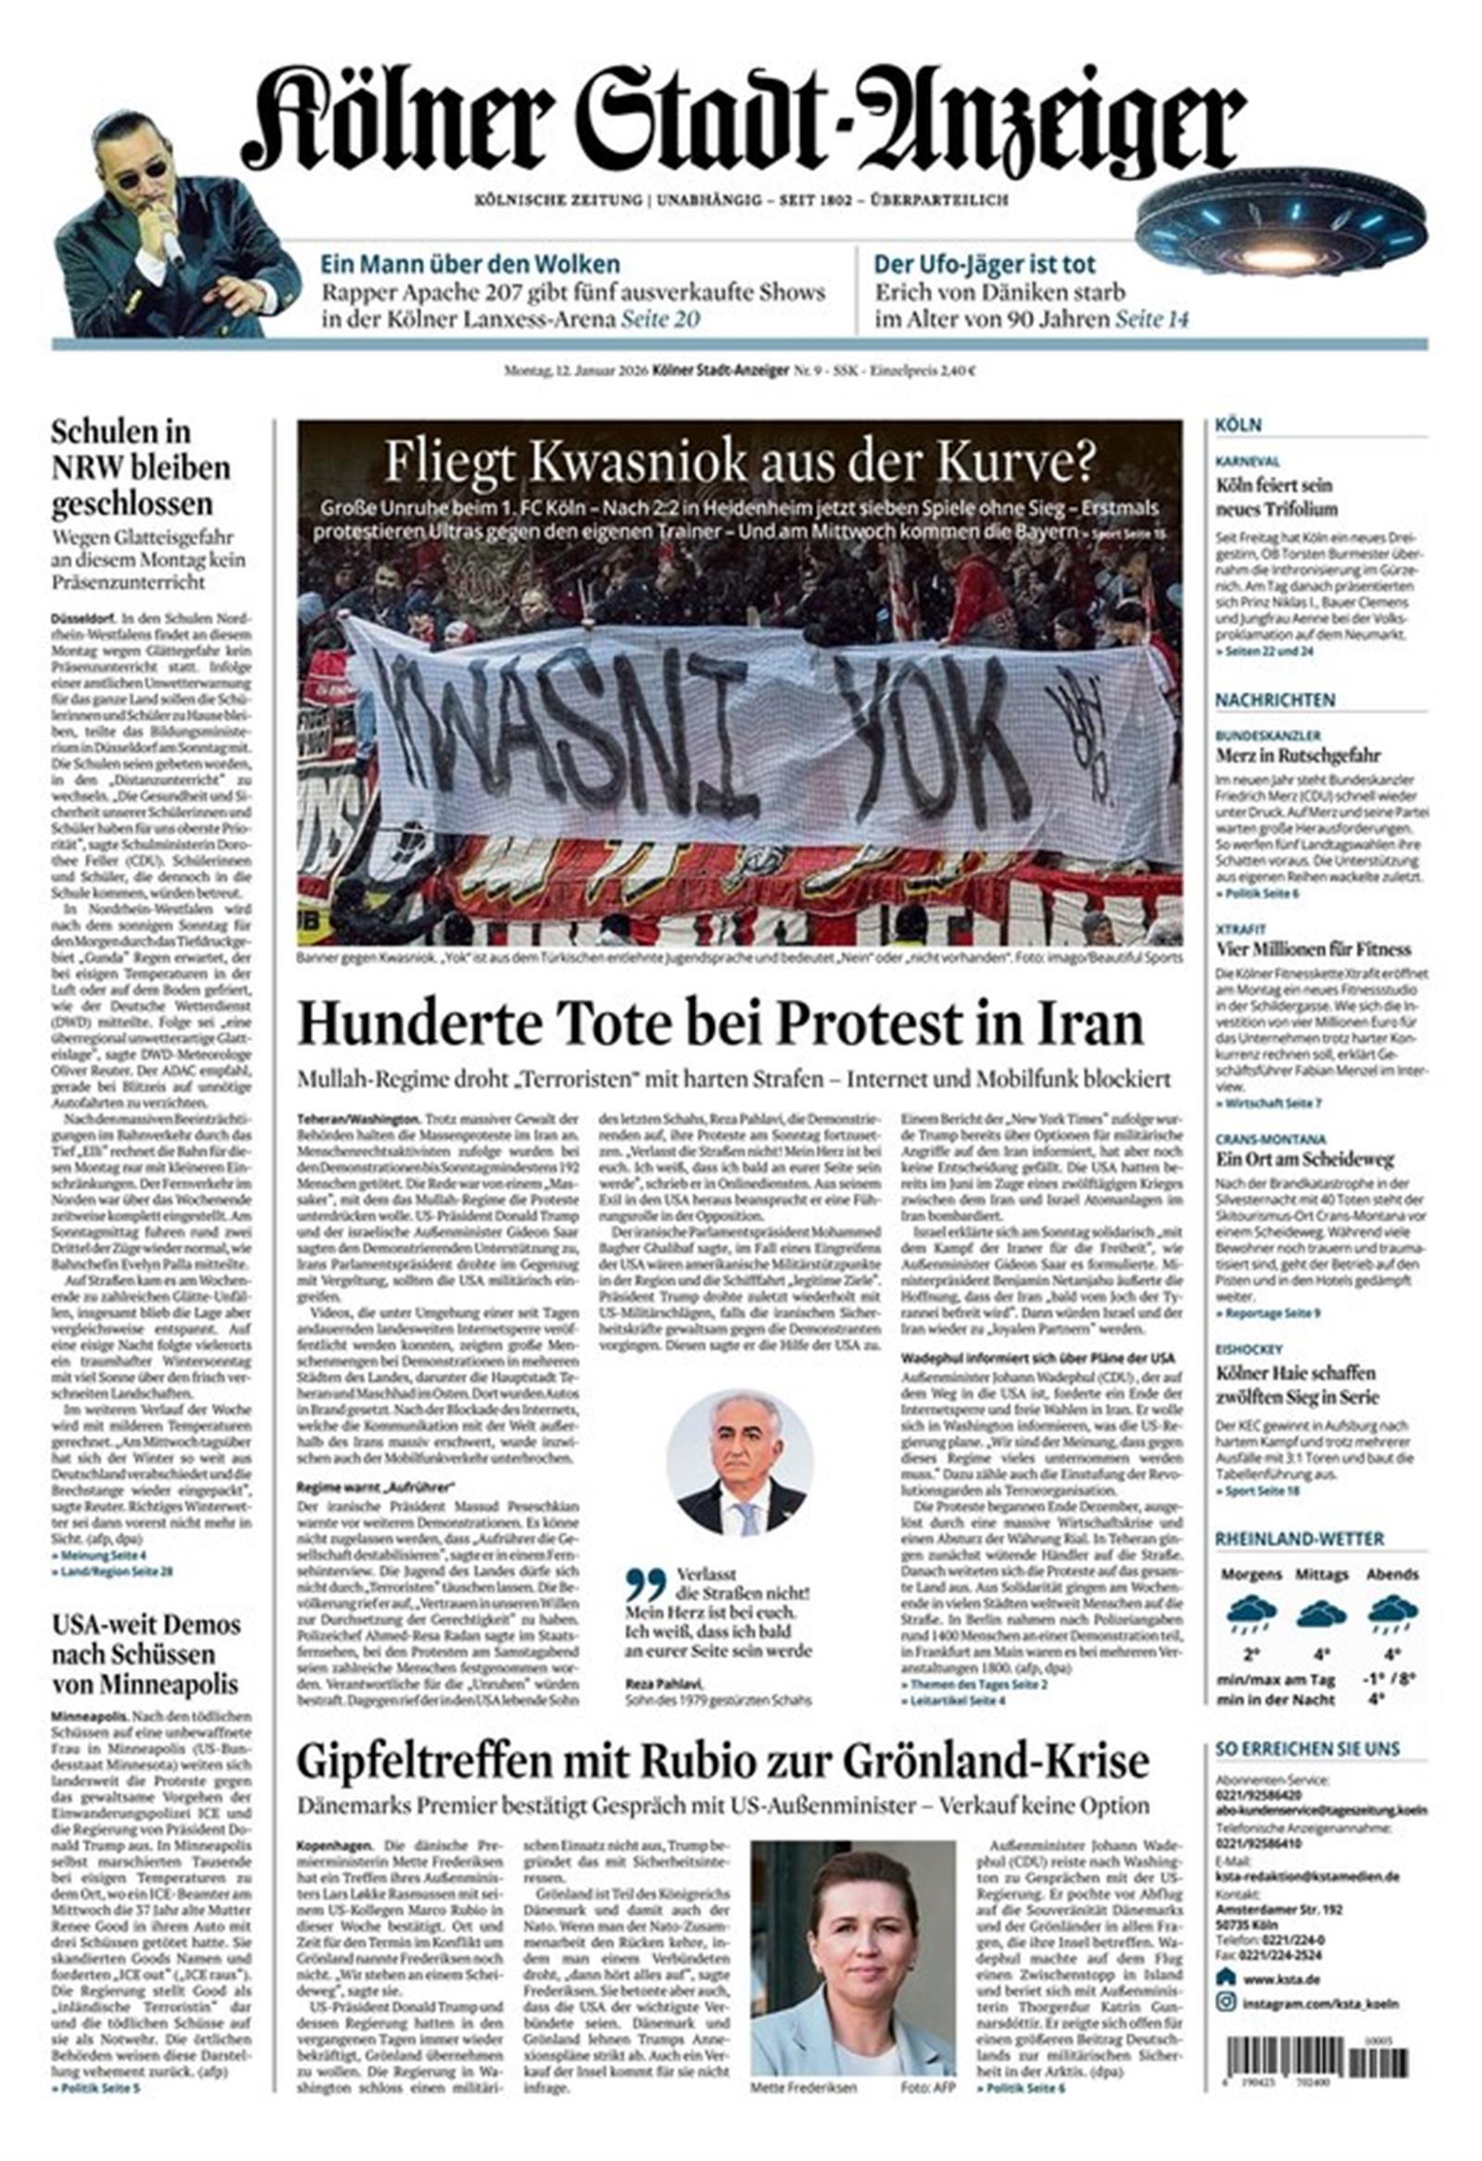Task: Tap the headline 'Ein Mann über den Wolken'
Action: coord(470,263)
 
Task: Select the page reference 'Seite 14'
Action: coord(1152,319)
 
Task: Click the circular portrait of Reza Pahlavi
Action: coord(740,1463)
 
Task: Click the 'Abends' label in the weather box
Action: coord(1392,1575)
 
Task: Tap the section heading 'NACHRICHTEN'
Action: coord(1275,699)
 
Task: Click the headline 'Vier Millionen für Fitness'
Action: coord(1312,949)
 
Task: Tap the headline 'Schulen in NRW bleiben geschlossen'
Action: coord(141,468)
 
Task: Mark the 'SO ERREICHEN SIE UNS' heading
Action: coord(1306,1749)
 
